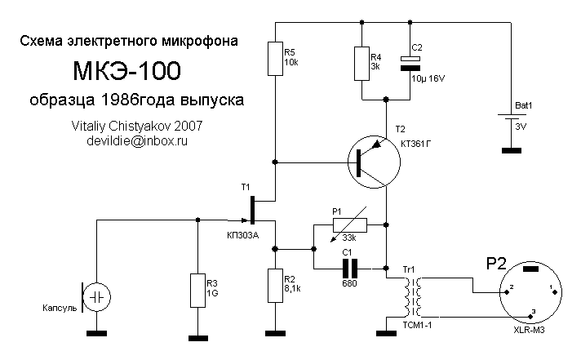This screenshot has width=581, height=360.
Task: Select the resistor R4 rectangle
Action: [x=361, y=63]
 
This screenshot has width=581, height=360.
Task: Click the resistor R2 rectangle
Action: [x=276, y=285]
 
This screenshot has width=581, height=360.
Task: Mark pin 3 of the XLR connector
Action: [x=531, y=313]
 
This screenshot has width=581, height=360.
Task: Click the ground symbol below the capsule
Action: [x=95, y=332]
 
